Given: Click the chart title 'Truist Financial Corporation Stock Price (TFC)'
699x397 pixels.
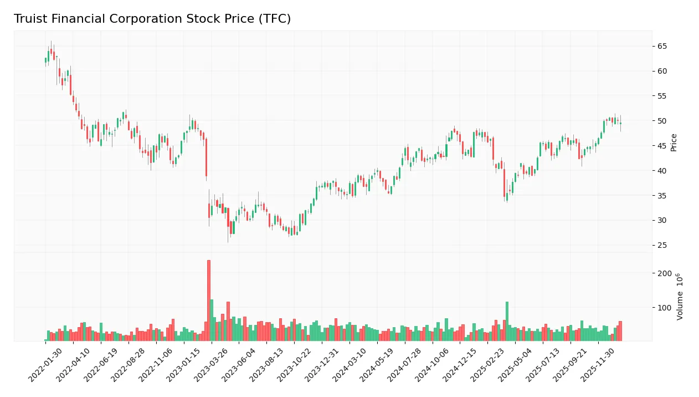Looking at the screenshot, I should (x=152, y=19).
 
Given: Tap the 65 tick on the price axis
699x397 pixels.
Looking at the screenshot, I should (x=662, y=47).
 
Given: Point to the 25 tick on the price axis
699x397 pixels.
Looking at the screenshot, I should (x=662, y=246).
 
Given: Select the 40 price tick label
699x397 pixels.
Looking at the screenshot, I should (x=662, y=171).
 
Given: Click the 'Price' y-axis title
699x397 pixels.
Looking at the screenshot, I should (x=674, y=142).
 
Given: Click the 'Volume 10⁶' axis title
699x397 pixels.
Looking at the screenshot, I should (x=680, y=296).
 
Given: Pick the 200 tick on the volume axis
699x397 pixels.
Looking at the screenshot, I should (x=665, y=273).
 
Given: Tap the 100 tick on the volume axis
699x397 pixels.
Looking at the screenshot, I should (x=665, y=308).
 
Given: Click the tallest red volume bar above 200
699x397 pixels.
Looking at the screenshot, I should (x=209, y=300).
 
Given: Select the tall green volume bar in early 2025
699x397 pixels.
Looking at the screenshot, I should (x=507, y=321).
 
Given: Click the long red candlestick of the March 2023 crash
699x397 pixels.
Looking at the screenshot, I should (x=206, y=157).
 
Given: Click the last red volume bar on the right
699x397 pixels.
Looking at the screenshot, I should (x=620, y=331).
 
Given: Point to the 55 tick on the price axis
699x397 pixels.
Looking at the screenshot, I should (x=662, y=96).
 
